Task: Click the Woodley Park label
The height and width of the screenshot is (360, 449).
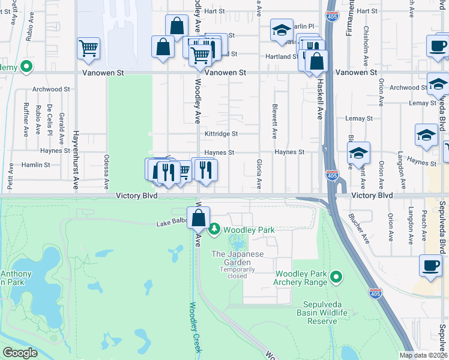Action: click(x=249, y=230)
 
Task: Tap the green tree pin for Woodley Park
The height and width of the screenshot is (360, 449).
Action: click(x=214, y=229)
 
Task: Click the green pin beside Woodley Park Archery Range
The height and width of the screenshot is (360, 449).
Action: click(x=336, y=277)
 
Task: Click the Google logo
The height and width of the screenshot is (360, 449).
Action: click(x=20, y=353)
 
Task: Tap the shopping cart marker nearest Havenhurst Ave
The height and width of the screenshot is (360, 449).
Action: click(x=88, y=48)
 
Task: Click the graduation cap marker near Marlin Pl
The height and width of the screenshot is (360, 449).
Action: click(x=280, y=31)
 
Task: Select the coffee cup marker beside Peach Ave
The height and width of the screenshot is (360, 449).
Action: click(x=430, y=265)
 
